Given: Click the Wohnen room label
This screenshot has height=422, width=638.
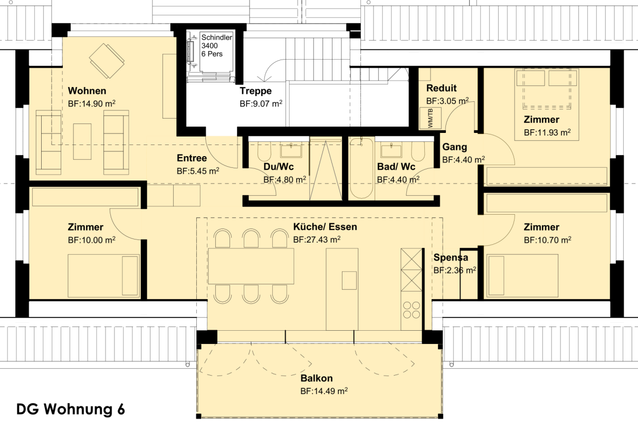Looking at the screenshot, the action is [x=87, y=91].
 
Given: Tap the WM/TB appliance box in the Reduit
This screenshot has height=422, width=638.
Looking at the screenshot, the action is [x=431, y=118].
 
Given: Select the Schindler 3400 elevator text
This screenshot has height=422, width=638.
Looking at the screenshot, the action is [x=216, y=45].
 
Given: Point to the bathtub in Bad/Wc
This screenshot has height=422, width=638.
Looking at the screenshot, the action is [x=361, y=168].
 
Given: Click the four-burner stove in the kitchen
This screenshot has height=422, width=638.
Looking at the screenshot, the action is [x=412, y=310].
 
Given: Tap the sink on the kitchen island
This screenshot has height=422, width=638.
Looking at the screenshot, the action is [x=349, y=280].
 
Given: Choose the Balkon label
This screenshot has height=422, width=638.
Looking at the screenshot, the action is [x=317, y=378].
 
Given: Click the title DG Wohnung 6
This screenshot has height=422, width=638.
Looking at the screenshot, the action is [x=70, y=409].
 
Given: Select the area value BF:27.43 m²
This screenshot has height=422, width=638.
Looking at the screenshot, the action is [x=317, y=239].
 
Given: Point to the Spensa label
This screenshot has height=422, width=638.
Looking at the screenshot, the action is [x=451, y=257].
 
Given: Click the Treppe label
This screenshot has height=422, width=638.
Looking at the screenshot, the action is [x=255, y=91].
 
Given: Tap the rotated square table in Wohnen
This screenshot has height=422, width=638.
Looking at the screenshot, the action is [x=107, y=61].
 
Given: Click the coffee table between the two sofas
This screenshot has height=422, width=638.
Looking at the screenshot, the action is [x=82, y=141].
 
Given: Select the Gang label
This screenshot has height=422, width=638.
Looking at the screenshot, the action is [x=454, y=147].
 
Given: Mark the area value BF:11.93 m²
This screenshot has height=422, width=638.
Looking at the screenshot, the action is [x=547, y=132].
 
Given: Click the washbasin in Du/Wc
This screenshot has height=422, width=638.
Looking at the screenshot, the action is [x=291, y=150].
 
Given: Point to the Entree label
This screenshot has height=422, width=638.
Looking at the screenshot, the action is [x=192, y=158].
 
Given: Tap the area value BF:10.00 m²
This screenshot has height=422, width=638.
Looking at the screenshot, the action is [x=91, y=240].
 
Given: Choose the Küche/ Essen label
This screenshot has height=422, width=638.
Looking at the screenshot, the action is [x=325, y=227].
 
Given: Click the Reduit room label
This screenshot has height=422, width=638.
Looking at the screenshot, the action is [x=441, y=88].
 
